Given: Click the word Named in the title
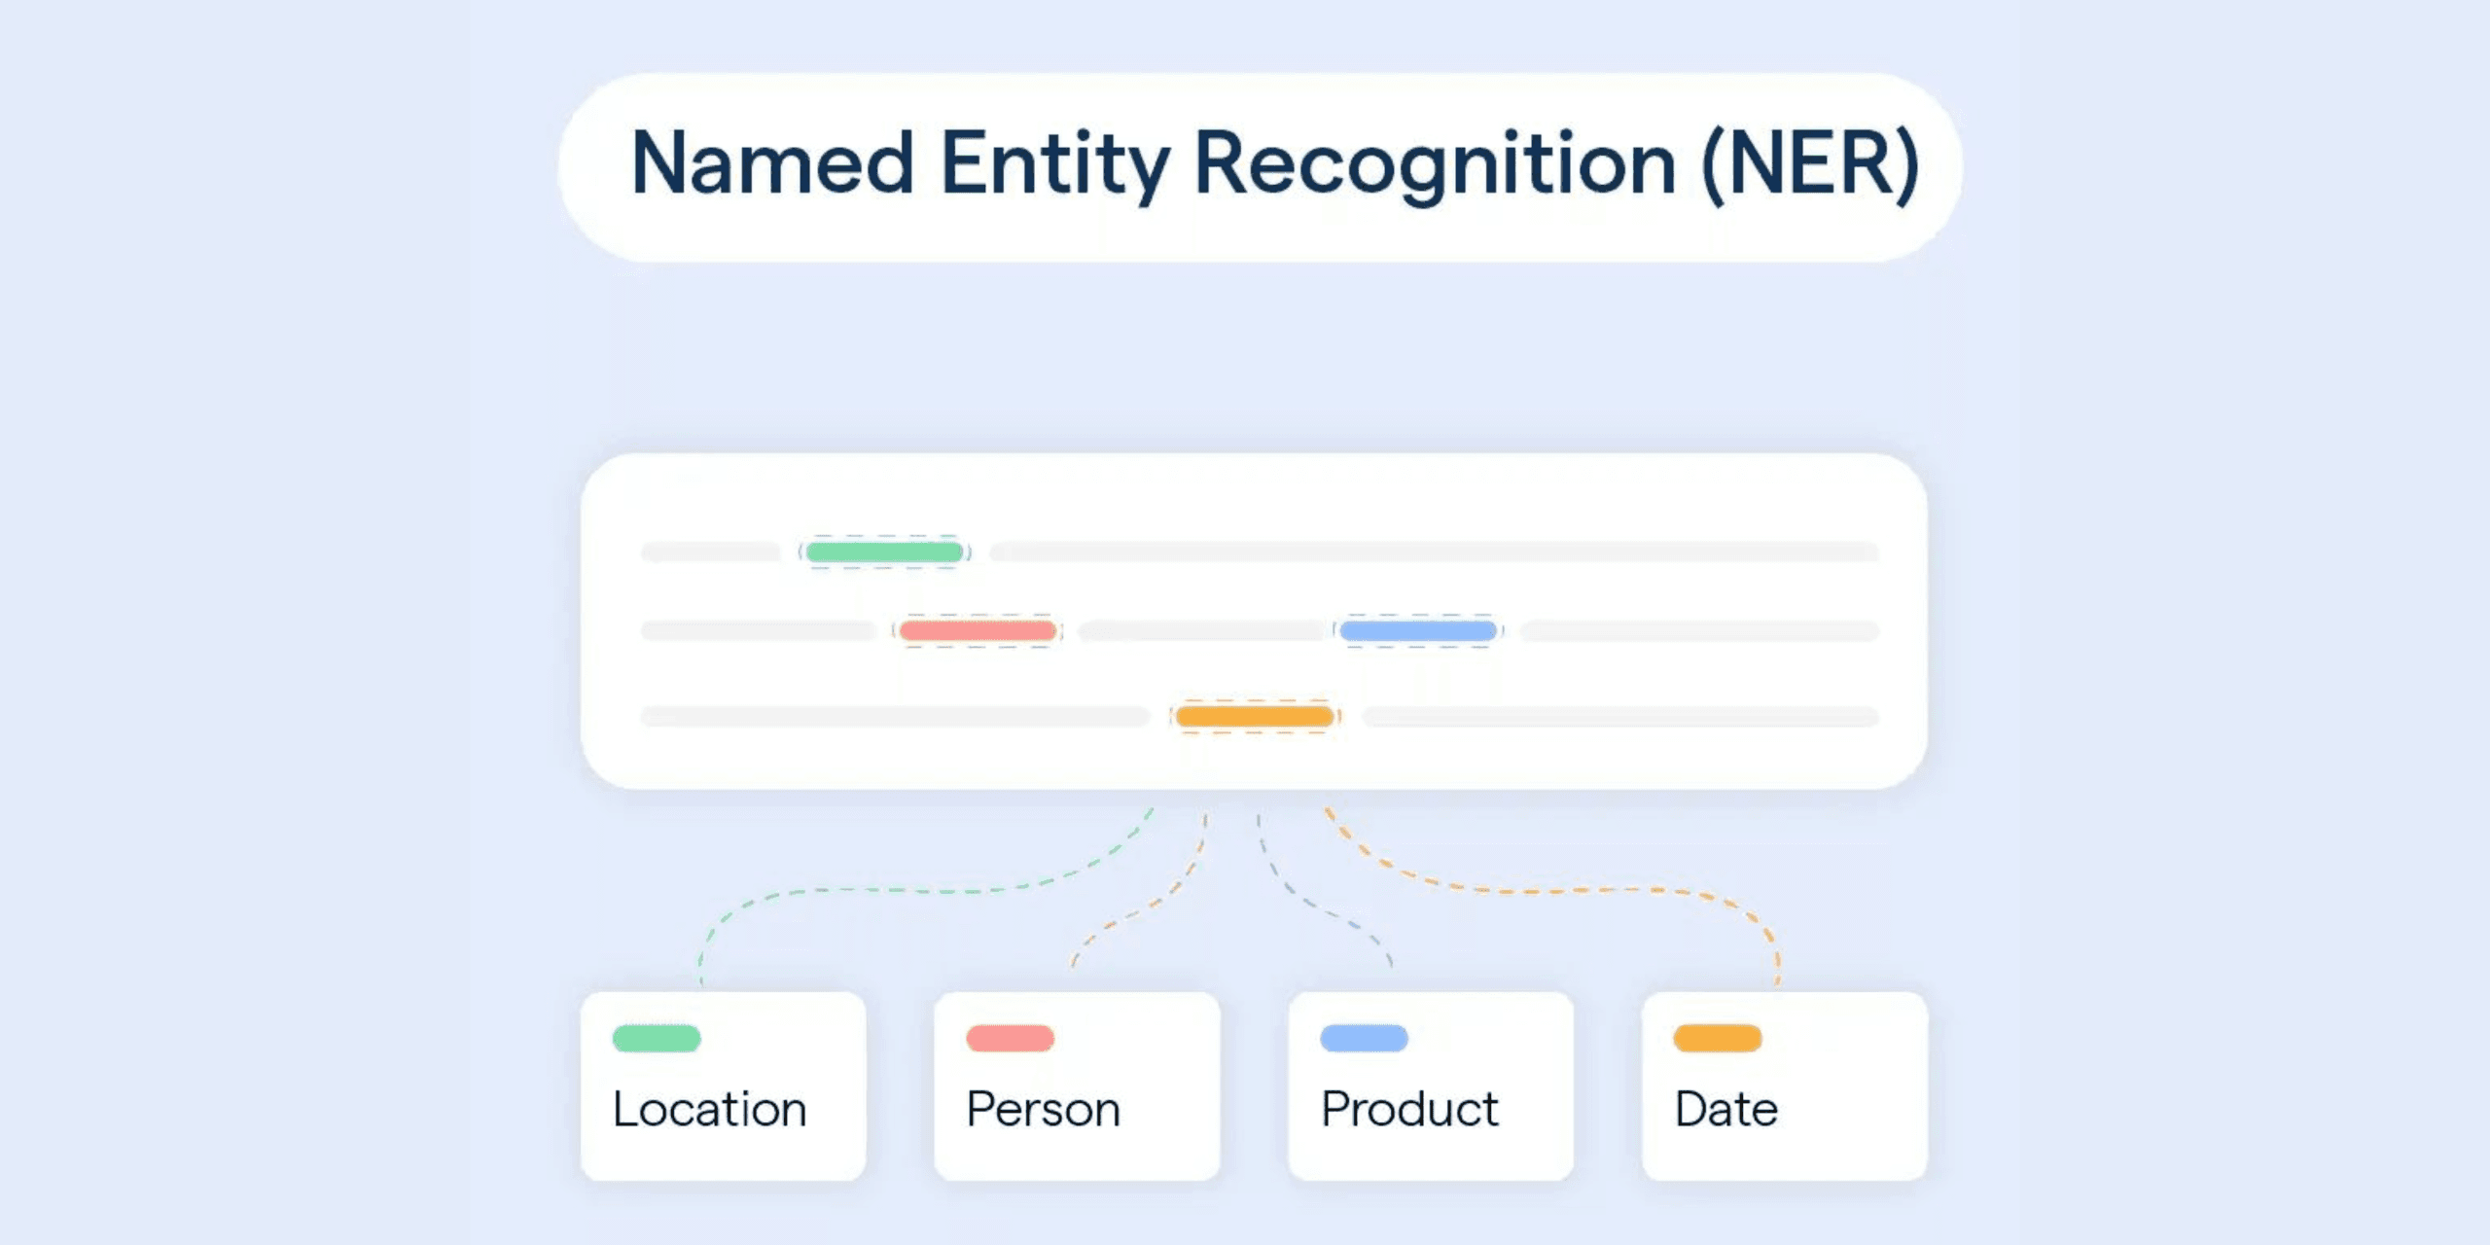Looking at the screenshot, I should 772,163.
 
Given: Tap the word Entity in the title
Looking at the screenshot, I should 1054,163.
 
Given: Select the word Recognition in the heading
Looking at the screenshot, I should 1435,163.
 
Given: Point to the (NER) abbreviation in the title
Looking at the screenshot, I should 1810,163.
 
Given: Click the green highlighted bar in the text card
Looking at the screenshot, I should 884,552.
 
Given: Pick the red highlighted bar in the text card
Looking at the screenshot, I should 978,631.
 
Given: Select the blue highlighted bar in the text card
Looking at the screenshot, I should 1418,631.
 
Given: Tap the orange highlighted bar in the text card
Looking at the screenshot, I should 1255,717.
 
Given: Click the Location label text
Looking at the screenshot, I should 710,1109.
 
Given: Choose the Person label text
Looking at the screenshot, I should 1043,1109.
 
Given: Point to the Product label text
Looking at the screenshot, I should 1409,1109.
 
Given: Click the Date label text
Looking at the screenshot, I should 1726,1109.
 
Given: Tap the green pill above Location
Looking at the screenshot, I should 657,1038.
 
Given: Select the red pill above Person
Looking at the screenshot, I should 1010,1038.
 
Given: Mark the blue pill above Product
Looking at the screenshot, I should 1364,1038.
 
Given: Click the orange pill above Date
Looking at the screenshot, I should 1718,1038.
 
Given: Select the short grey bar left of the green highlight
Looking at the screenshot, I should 710,552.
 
